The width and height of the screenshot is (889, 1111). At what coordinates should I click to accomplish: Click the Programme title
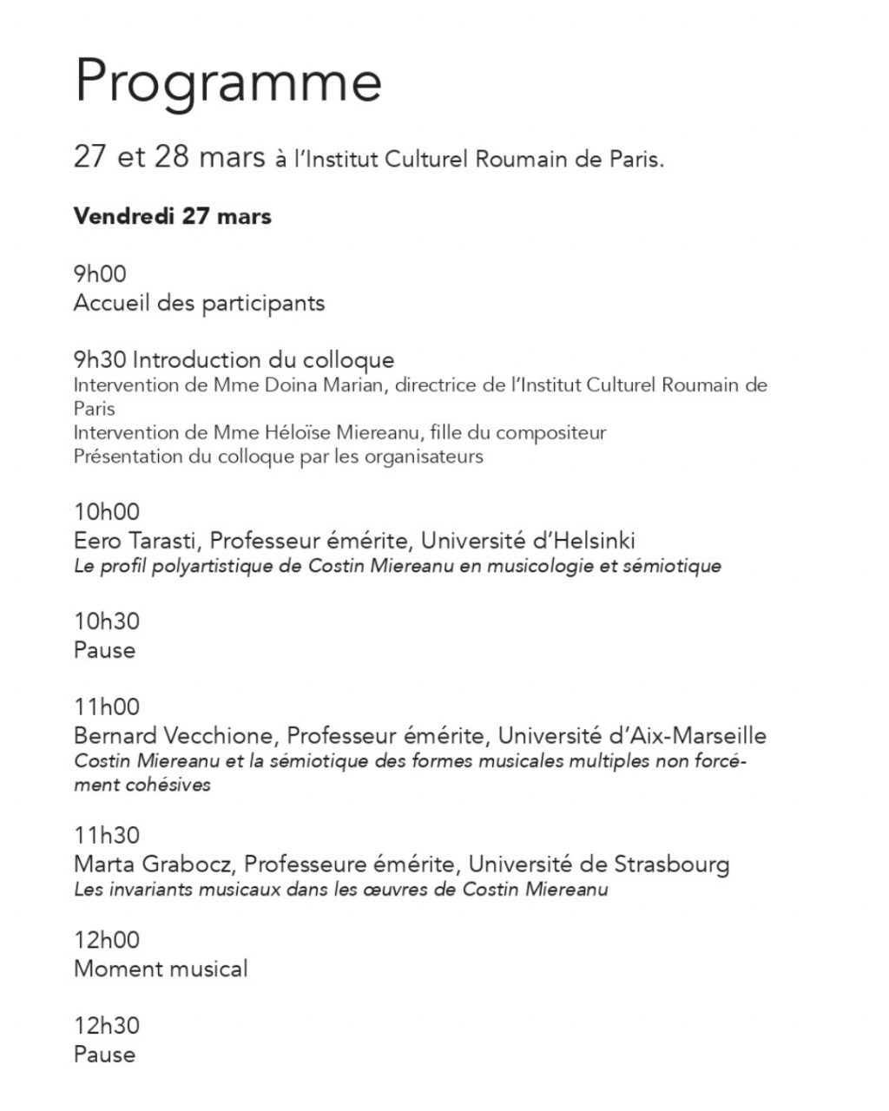(227, 82)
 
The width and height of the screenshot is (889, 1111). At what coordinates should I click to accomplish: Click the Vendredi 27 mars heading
(172, 216)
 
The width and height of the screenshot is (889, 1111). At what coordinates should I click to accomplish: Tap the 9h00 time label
(100, 274)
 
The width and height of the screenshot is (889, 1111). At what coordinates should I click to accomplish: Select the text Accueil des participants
(199, 304)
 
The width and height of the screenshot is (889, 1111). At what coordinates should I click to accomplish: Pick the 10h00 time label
(107, 512)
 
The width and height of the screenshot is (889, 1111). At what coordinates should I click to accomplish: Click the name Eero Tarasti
(138, 542)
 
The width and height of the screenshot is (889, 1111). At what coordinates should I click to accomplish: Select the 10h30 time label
(107, 621)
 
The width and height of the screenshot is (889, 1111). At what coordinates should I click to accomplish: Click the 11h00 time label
(107, 707)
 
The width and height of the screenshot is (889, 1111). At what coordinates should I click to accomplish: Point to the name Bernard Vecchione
(175, 736)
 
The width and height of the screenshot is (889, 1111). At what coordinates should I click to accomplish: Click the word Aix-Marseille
(698, 736)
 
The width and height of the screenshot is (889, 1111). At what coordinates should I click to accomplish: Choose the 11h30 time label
(107, 836)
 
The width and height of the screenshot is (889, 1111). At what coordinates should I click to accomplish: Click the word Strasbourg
(672, 864)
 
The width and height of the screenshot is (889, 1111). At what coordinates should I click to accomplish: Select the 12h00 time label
(107, 940)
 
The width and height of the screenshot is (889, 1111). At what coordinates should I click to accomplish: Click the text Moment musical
(161, 969)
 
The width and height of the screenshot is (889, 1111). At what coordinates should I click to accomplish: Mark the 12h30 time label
(107, 1026)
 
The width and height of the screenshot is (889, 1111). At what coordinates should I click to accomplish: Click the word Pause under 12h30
(104, 1055)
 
